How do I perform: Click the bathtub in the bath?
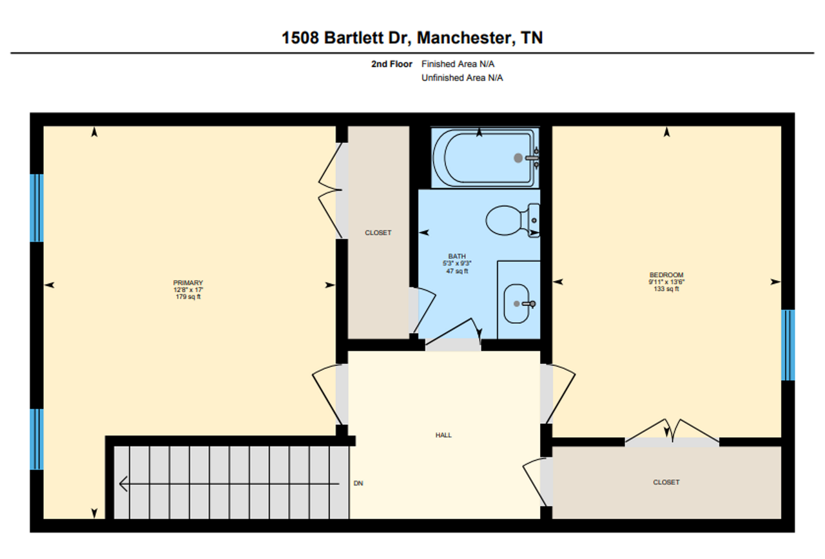pos(483,158)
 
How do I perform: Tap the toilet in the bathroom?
pos(507,221)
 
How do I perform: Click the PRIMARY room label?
pos(188,283)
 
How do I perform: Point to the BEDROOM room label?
pos(666,275)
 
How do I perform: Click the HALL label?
pos(443,435)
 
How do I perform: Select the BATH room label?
pos(457,256)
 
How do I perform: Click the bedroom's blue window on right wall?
pos(788,345)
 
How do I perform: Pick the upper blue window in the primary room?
pos(37,207)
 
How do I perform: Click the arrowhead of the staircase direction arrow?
pos(123,483)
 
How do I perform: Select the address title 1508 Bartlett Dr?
pos(412,38)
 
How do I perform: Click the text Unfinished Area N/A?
pos(461,78)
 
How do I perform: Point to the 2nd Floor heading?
pos(392,64)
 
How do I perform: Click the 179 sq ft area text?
pos(188,297)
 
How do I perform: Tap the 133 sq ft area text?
pos(666,289)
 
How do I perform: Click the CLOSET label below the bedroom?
pos(666,482)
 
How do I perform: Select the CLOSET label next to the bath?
pos(378,233)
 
